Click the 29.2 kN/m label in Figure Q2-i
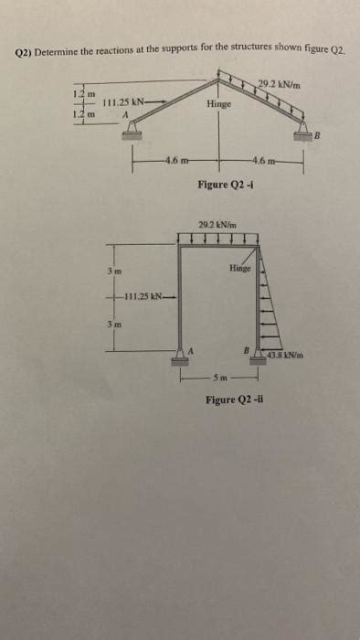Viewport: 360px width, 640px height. coord(281,86)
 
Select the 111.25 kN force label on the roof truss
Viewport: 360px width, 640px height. coord(123,101)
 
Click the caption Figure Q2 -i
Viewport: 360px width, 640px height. coord(225,186)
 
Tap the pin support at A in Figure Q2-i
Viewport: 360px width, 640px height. coord(123,134)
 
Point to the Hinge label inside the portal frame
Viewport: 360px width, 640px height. coord(241,269)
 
